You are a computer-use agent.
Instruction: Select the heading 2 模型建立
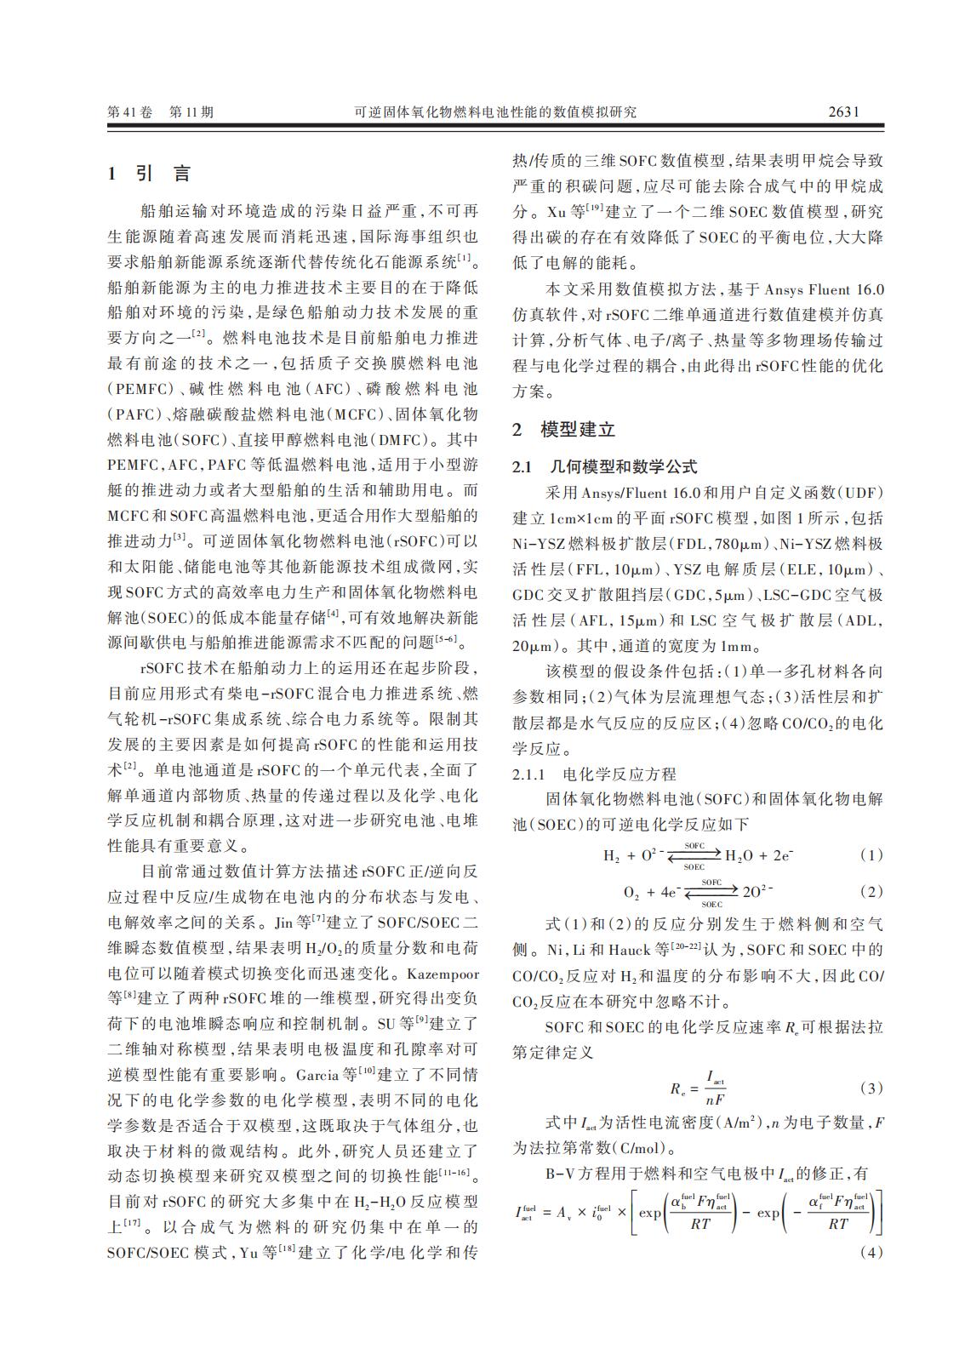coord(563,429)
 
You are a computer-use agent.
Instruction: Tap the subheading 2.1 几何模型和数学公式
coord(604,466)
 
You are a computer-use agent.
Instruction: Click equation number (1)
coord(871,855)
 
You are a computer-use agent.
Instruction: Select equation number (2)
coord(871,892)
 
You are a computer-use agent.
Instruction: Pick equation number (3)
coord(871,1088)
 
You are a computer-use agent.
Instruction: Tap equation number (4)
coord(871,1252)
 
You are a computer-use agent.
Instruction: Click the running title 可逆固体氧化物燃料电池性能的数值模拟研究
coord(494,111)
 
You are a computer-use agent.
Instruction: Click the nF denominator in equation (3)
coord(715,1099)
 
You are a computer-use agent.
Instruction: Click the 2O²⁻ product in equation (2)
coord(757,892)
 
